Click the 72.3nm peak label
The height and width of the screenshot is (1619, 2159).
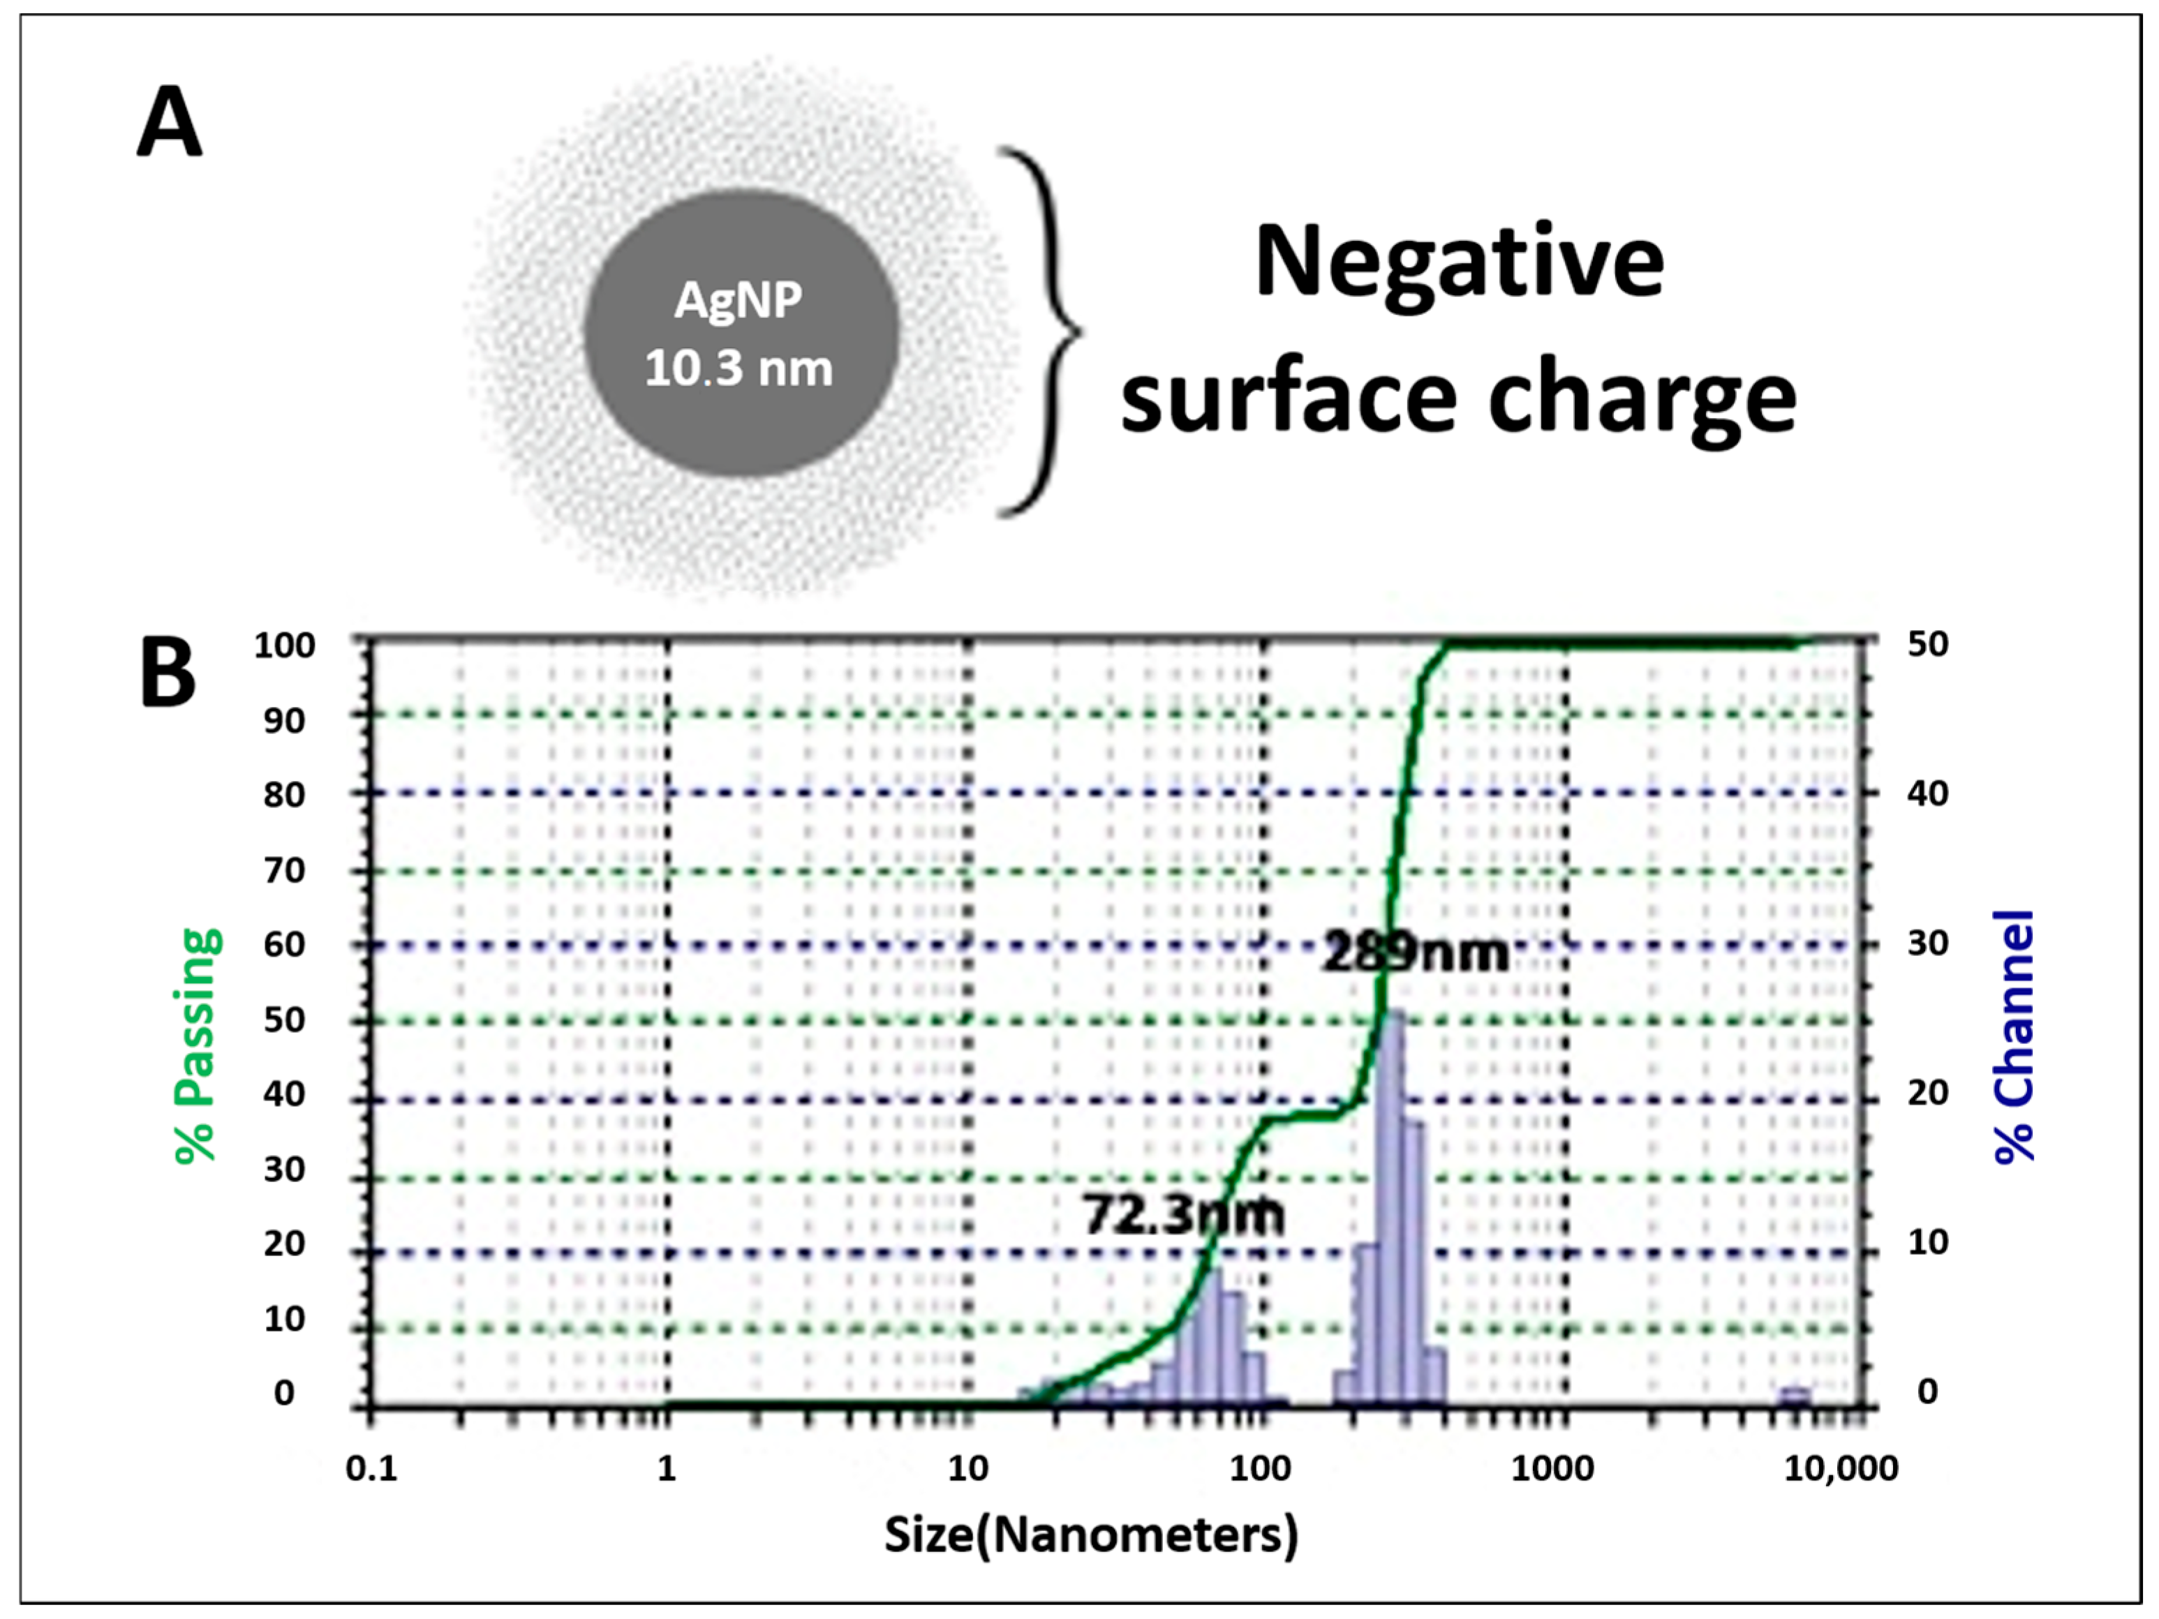click(x=1183, y=1215)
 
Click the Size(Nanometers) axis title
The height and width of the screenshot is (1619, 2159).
click(x=1091, y=1534)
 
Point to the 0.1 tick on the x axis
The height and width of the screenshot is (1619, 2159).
click(x=372, y=1468)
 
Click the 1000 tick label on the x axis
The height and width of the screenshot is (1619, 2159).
click(x=1552, y=1468)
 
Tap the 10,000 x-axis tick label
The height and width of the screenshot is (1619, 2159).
click(x=1841, y=1468)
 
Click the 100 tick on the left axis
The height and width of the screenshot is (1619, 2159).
click(x=285, y=645)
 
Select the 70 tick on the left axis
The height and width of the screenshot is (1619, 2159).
click(x=285, y=870)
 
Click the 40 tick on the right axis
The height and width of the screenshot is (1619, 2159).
click(x=1928, y=793)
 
